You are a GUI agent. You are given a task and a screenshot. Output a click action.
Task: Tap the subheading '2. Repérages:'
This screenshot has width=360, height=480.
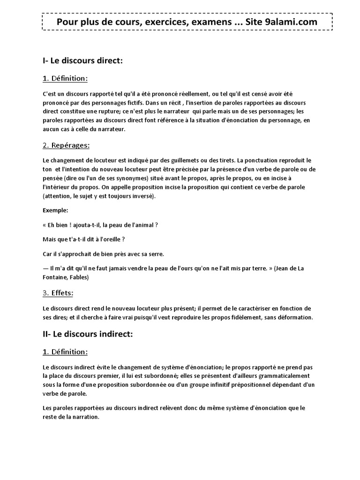66,145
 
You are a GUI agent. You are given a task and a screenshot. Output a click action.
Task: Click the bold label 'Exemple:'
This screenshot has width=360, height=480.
55,210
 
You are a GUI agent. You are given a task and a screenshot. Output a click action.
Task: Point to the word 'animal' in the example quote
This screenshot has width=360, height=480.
142,225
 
